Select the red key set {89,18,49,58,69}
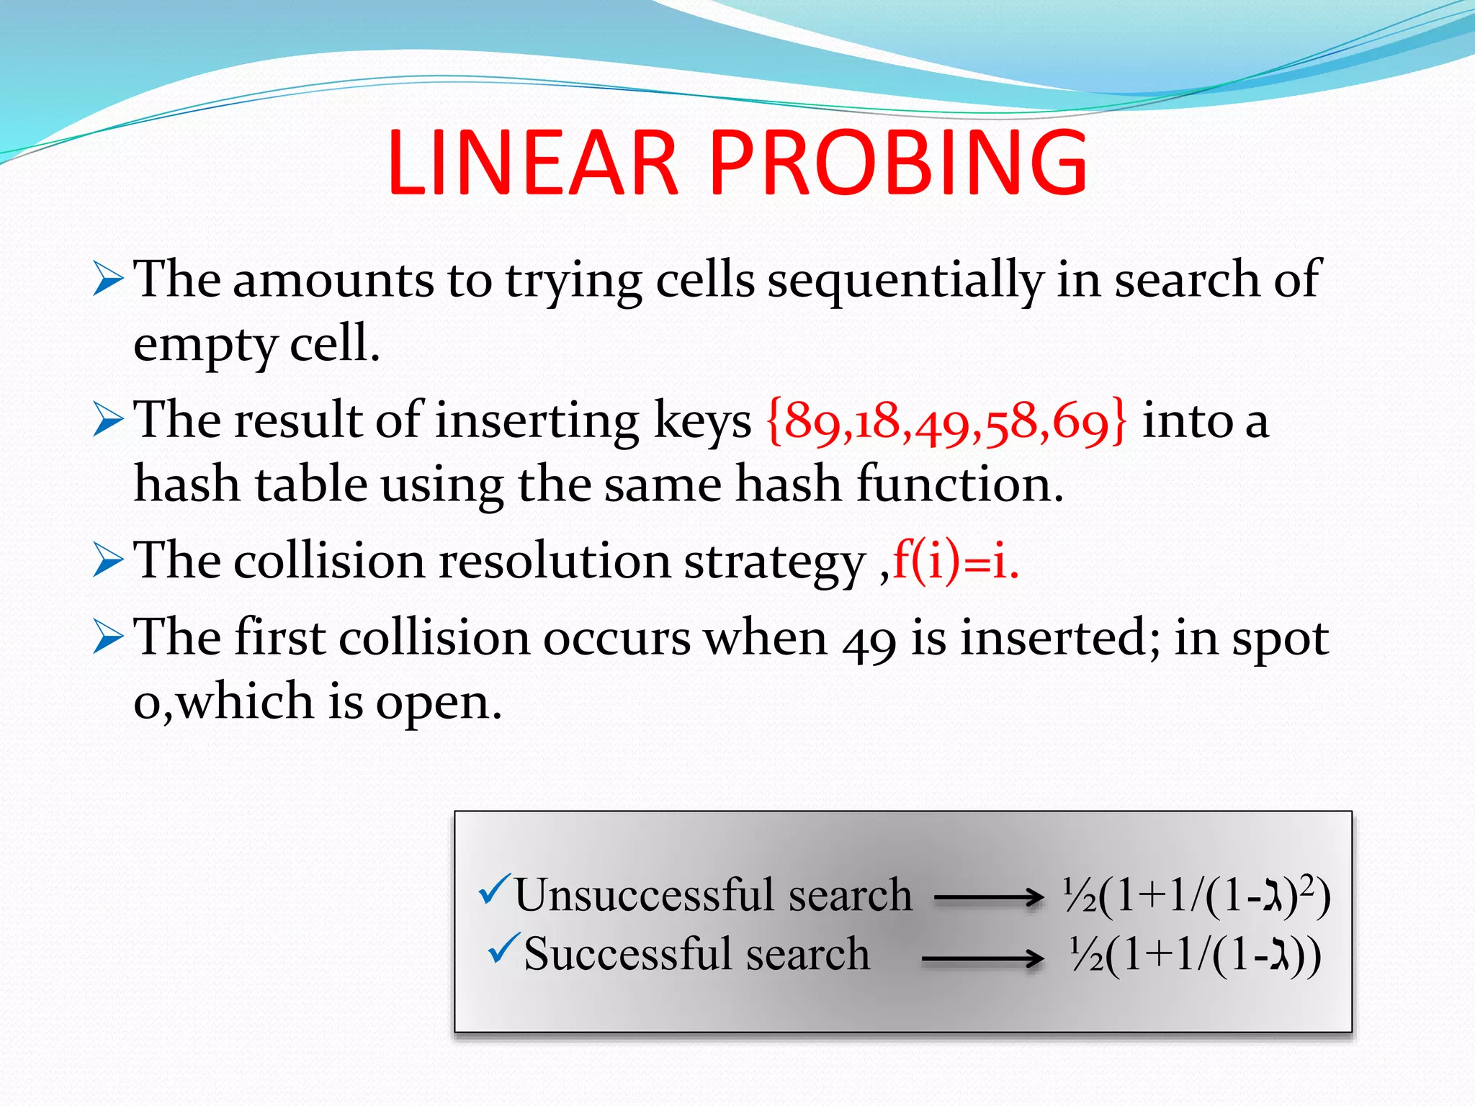[946, 421]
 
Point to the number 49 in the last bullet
[869, 639]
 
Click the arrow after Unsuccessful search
[988, 897]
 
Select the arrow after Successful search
[982, 958]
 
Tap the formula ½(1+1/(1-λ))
[1195, 956]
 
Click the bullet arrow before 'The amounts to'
[108, 280]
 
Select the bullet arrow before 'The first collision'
[108, 639]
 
